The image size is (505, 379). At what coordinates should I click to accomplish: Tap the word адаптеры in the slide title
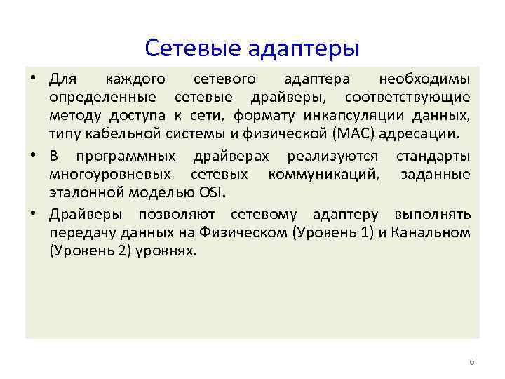(304, 49)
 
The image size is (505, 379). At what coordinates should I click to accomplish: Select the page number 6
(471, 361)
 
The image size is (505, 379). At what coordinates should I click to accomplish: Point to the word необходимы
(424, 77)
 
